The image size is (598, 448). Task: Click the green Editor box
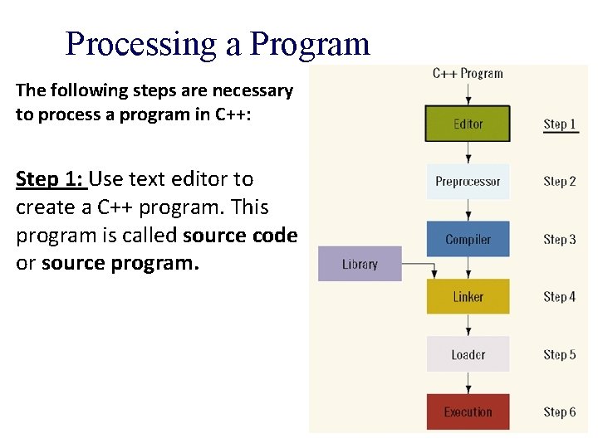[468, 124]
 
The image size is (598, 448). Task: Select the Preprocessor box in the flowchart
[468, 182]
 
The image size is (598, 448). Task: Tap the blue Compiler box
[468, 239]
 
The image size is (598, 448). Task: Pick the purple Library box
[360, 265]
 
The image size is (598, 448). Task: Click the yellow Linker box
[468, 297]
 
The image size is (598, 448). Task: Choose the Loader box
[468, 354]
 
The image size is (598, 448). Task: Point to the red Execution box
[468, 412]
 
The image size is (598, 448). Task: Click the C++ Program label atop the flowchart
[468, 73]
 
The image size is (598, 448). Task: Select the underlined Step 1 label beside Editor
[560, 124]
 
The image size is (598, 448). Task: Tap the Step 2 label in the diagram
[560, 182]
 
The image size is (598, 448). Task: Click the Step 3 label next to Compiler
[560, 239]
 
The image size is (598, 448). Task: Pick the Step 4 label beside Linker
[560, 297]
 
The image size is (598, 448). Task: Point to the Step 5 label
[560, 354]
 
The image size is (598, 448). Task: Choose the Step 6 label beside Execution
[560, 412]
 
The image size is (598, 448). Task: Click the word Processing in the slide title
[141, 44]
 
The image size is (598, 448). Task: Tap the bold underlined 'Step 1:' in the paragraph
[50, 179]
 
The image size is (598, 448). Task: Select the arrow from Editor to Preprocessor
[468, 153]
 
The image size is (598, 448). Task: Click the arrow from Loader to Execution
[468, 382]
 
